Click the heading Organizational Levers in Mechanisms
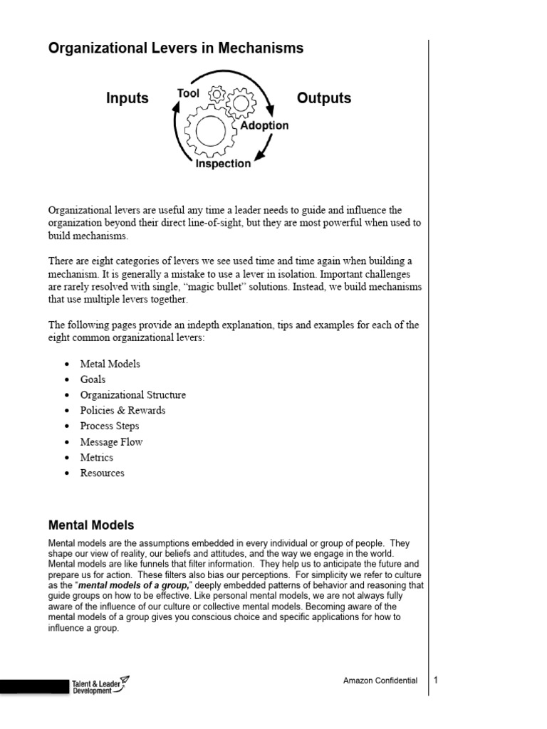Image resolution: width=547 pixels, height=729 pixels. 175,48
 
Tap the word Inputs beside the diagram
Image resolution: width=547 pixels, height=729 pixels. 127,98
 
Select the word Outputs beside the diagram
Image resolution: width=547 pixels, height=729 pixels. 324,98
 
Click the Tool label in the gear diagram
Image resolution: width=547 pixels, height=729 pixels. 188,94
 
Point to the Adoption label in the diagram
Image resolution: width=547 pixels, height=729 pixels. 264,125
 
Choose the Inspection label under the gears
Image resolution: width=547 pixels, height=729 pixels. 223,164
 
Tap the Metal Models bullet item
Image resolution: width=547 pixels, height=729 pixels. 110,364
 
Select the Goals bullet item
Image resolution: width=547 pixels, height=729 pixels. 93,379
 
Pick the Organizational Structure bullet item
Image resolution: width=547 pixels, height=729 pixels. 132,395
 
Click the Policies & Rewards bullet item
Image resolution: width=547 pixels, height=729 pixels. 123,411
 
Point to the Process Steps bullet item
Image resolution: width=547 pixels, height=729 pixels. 110,426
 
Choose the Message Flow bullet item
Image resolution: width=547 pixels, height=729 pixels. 111,442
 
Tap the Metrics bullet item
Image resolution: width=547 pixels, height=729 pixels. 96,458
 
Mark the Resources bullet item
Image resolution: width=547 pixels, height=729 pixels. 102,473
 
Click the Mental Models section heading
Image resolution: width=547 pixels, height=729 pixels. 91,525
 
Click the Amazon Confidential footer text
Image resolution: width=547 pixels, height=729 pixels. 380,681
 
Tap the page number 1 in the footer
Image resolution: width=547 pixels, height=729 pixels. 436,680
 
